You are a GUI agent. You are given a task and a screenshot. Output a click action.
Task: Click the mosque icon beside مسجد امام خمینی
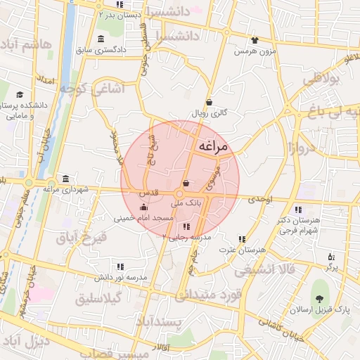pos(144,207)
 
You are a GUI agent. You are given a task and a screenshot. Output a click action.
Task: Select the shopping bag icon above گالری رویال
pos(209,102)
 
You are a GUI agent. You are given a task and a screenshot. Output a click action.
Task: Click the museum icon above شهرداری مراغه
pos(65,177)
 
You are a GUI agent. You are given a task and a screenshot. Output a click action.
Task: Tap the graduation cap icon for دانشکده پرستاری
pos(19,94)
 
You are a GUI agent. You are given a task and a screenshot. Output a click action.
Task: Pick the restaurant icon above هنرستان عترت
pos(242,238)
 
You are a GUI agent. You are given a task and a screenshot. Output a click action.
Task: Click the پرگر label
pos(331,267)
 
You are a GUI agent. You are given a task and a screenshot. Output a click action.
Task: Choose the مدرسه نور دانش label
pos(122,278)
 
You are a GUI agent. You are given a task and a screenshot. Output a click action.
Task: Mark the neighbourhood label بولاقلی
pos(325,80)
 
